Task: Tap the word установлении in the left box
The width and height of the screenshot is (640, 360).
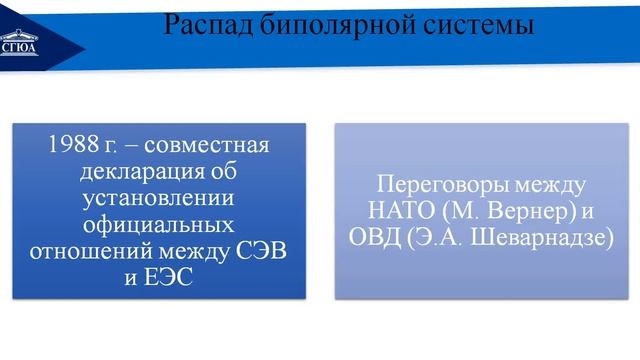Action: [157, 196]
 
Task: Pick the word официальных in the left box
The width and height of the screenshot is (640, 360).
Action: [157, 222]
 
